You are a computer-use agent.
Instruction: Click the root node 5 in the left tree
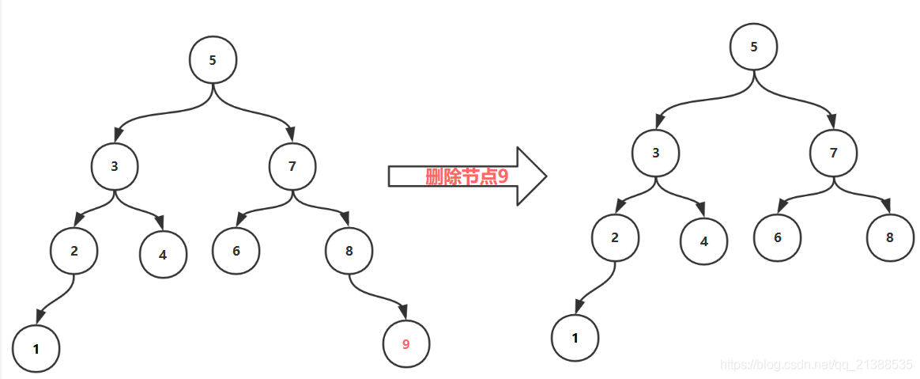tap(213, 60)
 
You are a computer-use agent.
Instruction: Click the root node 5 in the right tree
tap(754, 47)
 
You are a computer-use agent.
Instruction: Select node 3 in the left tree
tap(115, 166)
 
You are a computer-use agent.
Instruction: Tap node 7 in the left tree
tap(292, 166)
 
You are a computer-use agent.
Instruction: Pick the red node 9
tap(406, 344)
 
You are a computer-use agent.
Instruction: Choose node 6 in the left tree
tap(236, 252)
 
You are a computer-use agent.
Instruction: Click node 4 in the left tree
tap(163, 255)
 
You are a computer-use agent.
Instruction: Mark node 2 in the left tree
tap(74, 251)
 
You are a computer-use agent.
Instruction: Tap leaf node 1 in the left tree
tap(36, 348)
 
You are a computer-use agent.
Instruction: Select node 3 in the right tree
tap(656, 153)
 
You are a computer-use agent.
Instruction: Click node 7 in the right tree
tap(834, 153)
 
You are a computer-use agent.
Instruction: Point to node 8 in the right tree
tap(890, 237)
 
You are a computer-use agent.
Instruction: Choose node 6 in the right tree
tap(778, 237)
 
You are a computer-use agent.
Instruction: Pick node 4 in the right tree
tap(704, 241)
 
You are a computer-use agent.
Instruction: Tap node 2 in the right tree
tap(615, 237)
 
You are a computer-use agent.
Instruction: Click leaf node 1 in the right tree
tap(575, 338)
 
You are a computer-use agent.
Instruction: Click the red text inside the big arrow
tap(466, 176)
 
